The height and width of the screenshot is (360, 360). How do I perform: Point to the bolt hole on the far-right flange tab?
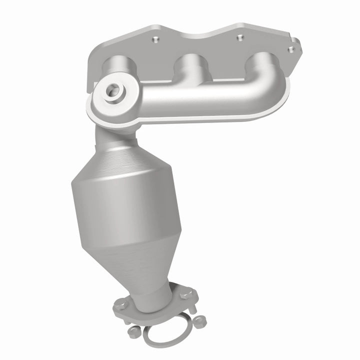[x=289, y=48]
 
